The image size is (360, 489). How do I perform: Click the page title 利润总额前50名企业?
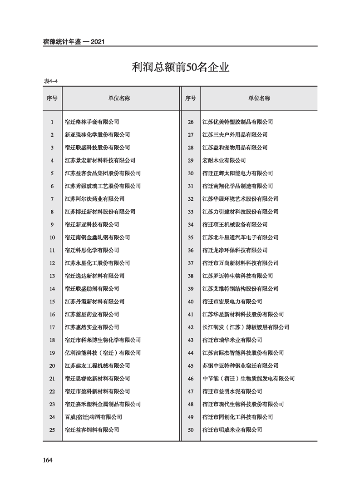tap(180, 68)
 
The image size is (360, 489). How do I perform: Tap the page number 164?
tap(48, 460)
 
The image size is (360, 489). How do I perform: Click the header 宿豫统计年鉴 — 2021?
tap(74, 42)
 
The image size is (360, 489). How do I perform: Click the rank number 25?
tap(52, 430)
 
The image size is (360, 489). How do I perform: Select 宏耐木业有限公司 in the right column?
tap(224, 160)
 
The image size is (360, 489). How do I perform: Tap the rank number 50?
tap(190, 430)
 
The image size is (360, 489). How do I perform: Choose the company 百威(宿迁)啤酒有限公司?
tap(94, 417)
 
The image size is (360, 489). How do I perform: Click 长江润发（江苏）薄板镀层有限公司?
tap(246, 327)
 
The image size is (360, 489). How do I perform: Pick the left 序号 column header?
tap(52, 98)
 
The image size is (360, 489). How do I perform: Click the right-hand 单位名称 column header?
tap(259, 98)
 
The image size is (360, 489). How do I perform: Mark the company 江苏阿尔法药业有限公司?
tap(95, 199)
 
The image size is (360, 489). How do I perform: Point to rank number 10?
tap(52, 237)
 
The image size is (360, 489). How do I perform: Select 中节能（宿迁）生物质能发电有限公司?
tap(248, 378)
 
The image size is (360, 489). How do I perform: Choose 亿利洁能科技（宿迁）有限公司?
tap(103, 353)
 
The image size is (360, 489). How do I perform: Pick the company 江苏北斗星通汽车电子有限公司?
tap(240, 237)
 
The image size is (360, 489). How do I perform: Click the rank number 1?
tap(52, 122)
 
